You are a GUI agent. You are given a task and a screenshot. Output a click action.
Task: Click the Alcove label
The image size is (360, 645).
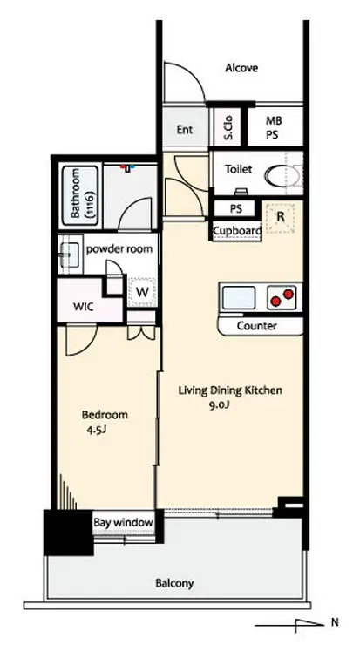[x=241, y=68]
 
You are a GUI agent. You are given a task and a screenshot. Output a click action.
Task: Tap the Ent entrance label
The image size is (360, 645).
[x=185, y=130]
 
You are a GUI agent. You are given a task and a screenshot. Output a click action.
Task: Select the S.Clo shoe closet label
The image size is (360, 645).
[x=228, y=128]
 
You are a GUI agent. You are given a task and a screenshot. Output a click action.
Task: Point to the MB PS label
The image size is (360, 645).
[x=272, y=128]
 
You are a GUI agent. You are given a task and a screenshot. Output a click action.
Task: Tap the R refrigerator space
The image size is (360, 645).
[x=280, y=218]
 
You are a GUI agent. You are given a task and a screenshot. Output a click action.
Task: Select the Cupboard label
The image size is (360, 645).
[x=237, y=231]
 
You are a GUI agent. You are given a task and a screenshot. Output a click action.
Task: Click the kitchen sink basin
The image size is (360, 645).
[x=239, y=297]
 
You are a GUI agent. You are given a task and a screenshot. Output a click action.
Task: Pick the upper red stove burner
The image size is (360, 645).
[x=289, y=294]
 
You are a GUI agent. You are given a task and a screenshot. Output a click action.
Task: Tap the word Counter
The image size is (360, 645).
[x=257, y=326]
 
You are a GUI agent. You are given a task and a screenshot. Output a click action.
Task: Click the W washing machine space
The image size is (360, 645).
[x=142, y=292]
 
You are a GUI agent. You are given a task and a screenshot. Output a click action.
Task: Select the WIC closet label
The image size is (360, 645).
[x=84, y=307]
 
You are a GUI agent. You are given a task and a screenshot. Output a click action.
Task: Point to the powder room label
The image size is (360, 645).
[x=119, y=249]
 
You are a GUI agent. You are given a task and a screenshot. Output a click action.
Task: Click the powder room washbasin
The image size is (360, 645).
[x=71, y=255]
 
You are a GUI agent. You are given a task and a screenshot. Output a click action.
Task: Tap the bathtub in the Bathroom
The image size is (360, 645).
[x=81, y=195]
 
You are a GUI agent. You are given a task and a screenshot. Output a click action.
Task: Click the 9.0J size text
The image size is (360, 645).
[x=220, y=404]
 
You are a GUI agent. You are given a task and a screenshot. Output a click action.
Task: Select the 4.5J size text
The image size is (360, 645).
[x=97, y=431]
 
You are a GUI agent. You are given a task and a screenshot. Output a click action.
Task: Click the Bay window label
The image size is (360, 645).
[x=124, y=523]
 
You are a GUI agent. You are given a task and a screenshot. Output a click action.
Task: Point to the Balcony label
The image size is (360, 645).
[x=174, y=583]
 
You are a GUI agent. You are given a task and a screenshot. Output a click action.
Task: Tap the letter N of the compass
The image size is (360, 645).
[x=335, y=622]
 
